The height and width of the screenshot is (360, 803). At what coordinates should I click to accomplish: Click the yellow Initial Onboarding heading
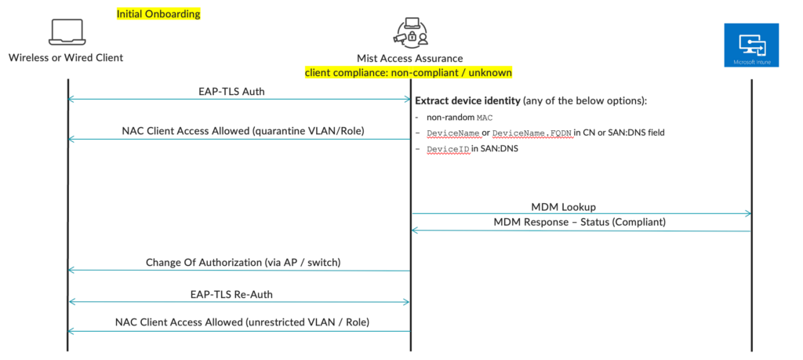pyautogui.click(x=158, y=14)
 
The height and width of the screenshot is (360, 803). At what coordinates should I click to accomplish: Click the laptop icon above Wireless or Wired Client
pyautogui.click(x=65, y=32)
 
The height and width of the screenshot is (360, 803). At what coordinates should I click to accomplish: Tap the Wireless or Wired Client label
pyautogui.click(x=66, y=57)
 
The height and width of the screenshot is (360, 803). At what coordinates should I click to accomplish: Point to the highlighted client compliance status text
pyautogui.click(x=409, y=72)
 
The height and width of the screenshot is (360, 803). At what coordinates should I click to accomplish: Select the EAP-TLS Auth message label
pyautogui.click(x=237, y=92)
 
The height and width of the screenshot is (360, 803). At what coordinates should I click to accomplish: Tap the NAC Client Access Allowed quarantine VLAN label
pyautogui.click(x=239, y=131)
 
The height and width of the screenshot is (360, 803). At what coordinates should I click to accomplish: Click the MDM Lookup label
pyautogui.click(x=563, y=207)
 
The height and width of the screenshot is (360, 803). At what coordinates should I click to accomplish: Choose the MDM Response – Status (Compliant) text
pyautogui.click(x=580, y=222)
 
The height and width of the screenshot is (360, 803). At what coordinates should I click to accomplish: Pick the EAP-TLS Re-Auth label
pyautogui.click(x=238, y=294)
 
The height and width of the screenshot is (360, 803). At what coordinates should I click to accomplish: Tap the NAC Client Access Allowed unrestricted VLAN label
pyautogui.click(x=242, y=322)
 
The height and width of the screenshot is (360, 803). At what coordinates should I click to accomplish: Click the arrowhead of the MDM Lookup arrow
pyautogui.click(x=748, y=213)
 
